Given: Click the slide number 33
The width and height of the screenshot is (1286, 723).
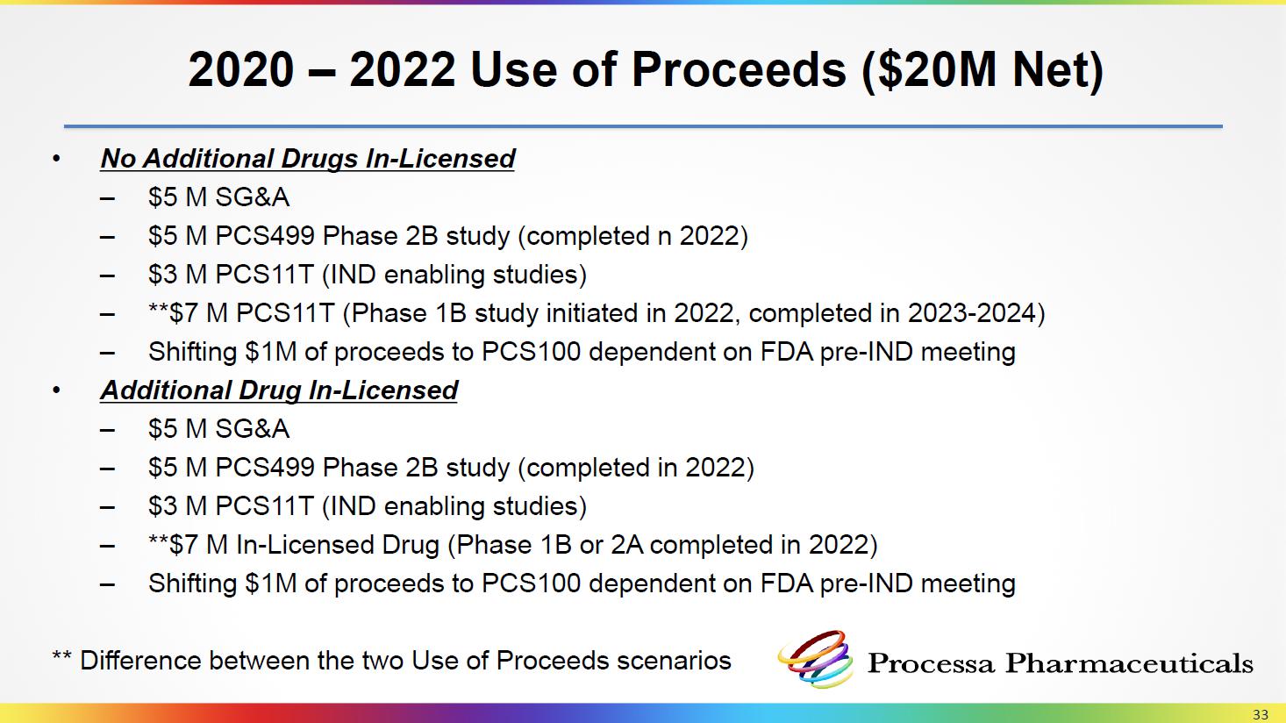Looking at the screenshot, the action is click(x=1261, y=714).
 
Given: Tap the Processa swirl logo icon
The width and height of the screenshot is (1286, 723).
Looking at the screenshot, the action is click(x=815, y=659).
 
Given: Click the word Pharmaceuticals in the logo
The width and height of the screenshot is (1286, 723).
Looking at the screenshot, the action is click(x=1129, y=663).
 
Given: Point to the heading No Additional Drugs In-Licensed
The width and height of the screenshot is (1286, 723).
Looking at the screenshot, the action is click(x=308, y=159).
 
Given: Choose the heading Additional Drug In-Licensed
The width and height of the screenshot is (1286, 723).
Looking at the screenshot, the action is click(x=279, y=390).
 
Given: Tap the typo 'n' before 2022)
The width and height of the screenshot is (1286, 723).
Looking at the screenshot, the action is click(x=664, y=237).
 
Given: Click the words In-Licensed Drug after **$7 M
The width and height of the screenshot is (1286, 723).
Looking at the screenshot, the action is click(x=338, y=545).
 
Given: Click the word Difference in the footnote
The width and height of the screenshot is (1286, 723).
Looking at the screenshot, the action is click(x=140, y=661).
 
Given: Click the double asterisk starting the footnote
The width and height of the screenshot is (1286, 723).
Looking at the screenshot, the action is click(x=61, y=655).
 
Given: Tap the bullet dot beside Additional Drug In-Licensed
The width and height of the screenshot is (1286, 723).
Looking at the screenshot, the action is click(x=55, y=390).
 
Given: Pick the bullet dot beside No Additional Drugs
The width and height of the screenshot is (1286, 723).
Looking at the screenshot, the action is click(x=55, y=159).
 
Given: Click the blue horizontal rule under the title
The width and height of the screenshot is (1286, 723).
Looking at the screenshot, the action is click(x=643, y=126).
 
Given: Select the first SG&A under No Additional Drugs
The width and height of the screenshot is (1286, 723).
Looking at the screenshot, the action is click(x=253, y=197).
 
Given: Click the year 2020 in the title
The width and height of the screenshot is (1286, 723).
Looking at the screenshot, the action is click(x=241, y=70).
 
